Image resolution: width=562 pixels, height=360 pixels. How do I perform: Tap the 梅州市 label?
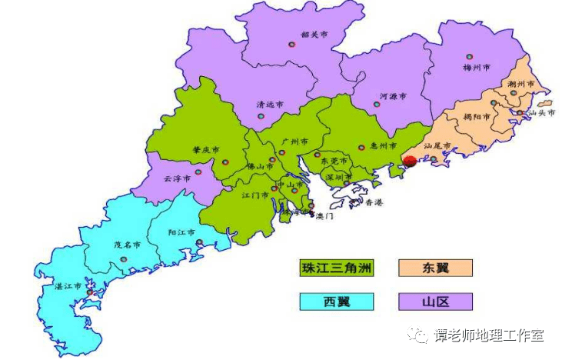pyautogui.click(x=477, y=68)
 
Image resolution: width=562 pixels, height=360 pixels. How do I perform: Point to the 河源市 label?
pyautogui.click(x=393, y=97)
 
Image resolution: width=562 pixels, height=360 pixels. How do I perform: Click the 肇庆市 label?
pyautogui.click(x=206, y=149)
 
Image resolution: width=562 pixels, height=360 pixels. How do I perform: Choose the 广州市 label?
pyautogui.click(x=294, y=142)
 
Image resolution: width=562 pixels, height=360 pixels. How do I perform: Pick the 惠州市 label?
pyautogui.click(x=382, y=145)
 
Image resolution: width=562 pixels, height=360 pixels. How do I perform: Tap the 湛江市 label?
pyautogui.click(x=68, y=285)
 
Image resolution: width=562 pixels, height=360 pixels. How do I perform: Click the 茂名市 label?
pyautogui.click(x=127, y=245)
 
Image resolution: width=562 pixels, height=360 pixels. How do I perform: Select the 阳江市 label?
pyautogui.click(x=181, y=232)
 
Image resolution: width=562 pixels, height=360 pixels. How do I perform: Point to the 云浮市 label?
pyautogui.click(x=177, y=178)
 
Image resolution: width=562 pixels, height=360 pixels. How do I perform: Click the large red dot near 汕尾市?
pyautogui.click(x=410, y=161)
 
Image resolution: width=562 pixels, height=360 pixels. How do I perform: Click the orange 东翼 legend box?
pyautogui.click(x=434, y=268)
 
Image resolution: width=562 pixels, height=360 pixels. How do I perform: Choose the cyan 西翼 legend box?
pyautogui.click(x=336, y=301)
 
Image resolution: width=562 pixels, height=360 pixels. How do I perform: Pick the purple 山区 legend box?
pyautogui.click(x=434, y=301)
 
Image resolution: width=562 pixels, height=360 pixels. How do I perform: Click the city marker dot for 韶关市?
pyautogui.click(x=291, y=44)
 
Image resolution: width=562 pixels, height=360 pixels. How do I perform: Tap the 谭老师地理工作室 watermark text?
pyautogui.click(x=488, y=336)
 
